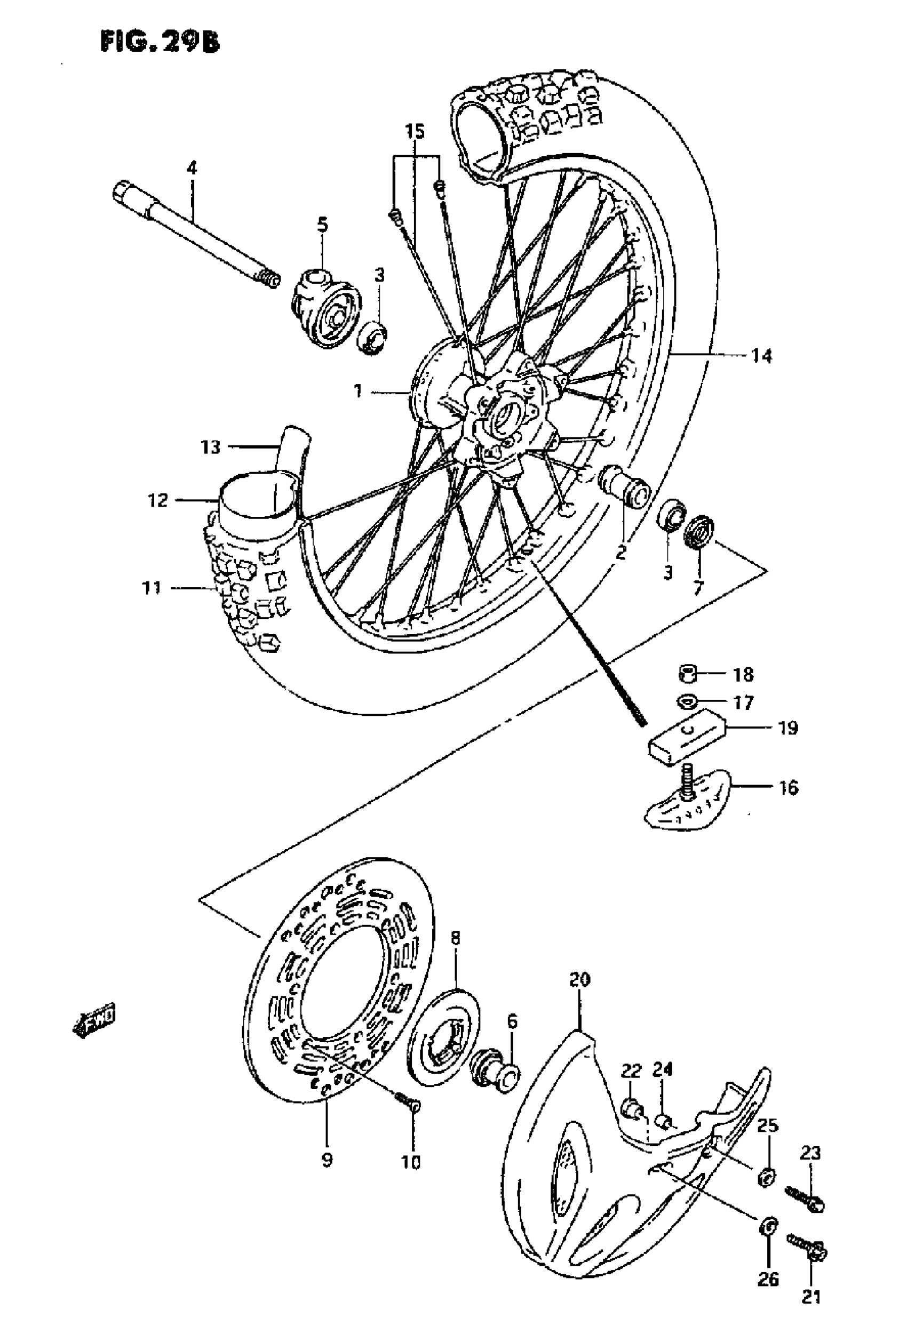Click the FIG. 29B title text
160,42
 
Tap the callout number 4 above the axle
192,168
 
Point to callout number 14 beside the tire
762,356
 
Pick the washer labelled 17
687,701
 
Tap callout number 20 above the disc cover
579,979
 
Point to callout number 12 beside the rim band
158,500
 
